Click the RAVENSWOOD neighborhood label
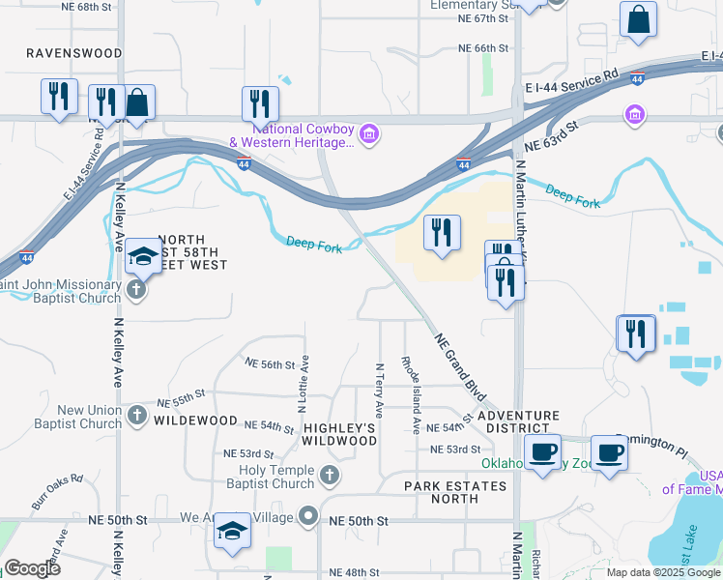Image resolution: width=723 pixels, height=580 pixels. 74,53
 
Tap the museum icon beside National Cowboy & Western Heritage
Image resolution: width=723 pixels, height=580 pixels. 367,134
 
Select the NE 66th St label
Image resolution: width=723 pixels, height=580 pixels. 483,47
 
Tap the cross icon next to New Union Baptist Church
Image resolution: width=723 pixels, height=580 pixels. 137,416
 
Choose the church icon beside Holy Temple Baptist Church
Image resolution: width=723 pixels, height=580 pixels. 330,476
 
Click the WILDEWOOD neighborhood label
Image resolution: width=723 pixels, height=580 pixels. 195,420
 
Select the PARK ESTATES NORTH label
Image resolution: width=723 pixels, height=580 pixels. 454,492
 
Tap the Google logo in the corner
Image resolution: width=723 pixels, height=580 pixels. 32,569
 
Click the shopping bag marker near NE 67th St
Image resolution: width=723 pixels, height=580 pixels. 639,21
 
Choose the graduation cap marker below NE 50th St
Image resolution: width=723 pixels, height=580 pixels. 232,532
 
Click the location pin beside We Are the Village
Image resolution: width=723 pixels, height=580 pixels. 308,516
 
